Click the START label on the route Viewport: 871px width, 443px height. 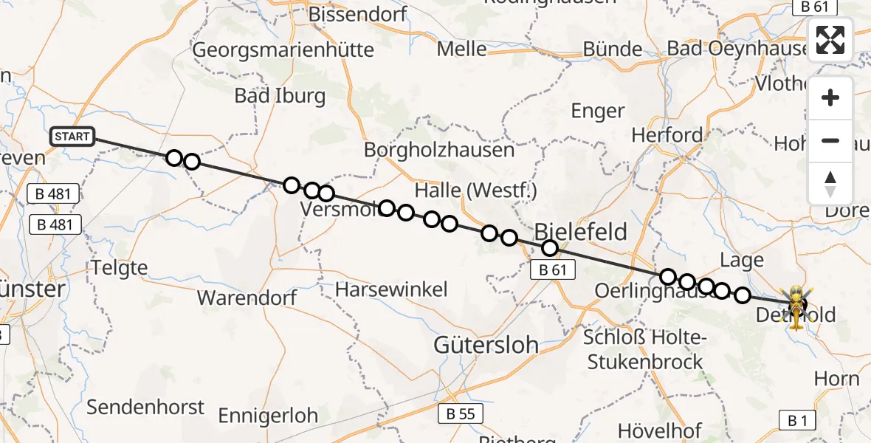[72, 137]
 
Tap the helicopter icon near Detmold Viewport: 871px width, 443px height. [797, 306]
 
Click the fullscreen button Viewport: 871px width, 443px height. [830, 40]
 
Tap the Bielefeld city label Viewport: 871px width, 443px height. [580, 232]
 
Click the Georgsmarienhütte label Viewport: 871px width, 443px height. [283, 49]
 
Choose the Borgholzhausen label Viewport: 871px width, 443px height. [438, 150]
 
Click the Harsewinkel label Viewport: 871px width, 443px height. [391, 289]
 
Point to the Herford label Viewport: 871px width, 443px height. [667, 135]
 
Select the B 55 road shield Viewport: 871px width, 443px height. [461, 413]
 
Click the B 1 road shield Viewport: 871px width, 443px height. [797, 421]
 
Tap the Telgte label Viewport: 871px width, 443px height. [120, 267]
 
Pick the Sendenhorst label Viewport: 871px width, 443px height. [145, 407]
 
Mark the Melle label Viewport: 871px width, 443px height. [462, 49]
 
